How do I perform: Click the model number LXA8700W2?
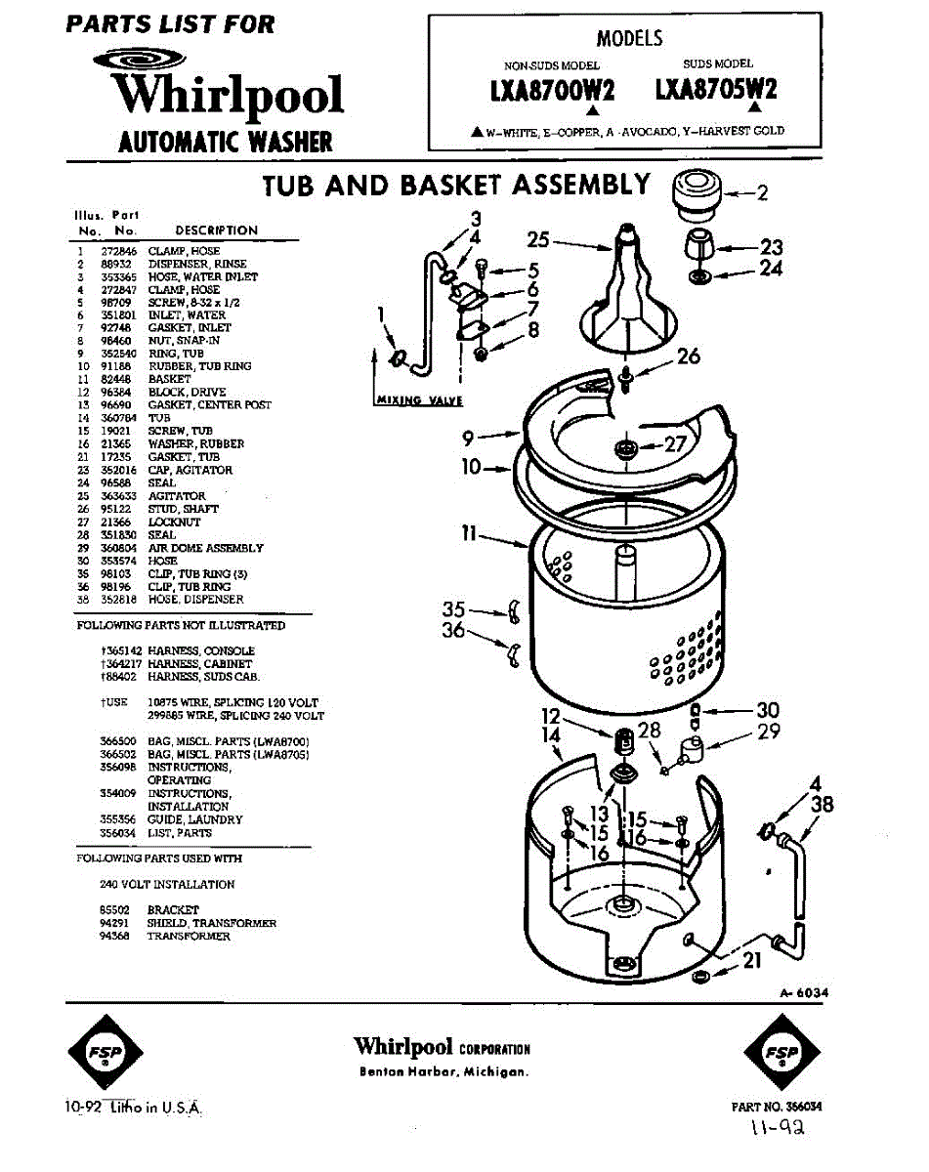click(553, 91)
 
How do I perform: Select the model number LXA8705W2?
click(716, 90)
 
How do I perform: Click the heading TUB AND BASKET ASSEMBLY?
click(456, 185)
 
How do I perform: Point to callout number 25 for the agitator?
click(538, 239)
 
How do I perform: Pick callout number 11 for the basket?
click(469, 534)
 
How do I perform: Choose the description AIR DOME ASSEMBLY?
click(205, 548)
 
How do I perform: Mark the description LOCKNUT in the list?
click(174, 523)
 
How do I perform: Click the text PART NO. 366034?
click(776, 1107)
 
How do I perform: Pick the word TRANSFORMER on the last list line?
click(189, 936)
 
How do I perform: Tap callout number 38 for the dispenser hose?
click(823, 804)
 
